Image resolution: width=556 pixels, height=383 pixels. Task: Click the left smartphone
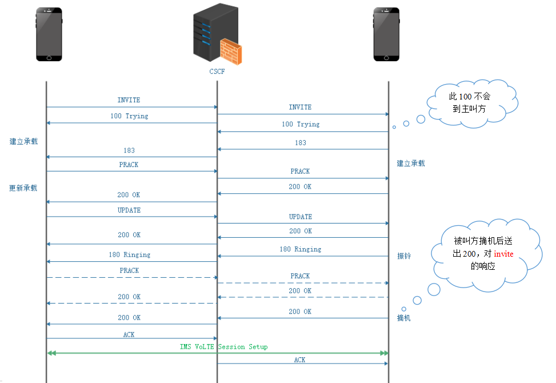tap(49, 34)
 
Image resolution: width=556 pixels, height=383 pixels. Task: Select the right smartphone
tap(387, 34)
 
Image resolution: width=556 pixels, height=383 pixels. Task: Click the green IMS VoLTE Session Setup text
tap(223, 347)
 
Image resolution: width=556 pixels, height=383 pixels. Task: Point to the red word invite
tap(503, 254)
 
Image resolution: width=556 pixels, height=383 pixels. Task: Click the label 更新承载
tap(23, 187)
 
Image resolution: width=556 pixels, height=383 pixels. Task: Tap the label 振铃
tap(404, 256)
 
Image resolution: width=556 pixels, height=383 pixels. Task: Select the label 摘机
tap(404, 318)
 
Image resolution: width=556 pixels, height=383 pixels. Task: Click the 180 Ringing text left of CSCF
tap(129, 254)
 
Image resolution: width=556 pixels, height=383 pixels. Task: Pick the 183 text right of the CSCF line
tap(300, 143)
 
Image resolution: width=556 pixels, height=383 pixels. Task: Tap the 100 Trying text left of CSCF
tap(129, 116)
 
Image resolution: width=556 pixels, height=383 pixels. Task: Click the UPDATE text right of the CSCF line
tap(300, 217)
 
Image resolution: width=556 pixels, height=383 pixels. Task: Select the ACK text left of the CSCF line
tap(129, 334)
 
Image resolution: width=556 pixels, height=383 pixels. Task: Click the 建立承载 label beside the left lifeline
tap(23, 141)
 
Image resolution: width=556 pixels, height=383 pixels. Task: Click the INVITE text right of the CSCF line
tap(300, 107)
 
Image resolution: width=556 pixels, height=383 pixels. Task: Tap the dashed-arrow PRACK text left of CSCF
tap(129, 270)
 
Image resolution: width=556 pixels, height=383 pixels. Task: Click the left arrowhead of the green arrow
tap(51, 353)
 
